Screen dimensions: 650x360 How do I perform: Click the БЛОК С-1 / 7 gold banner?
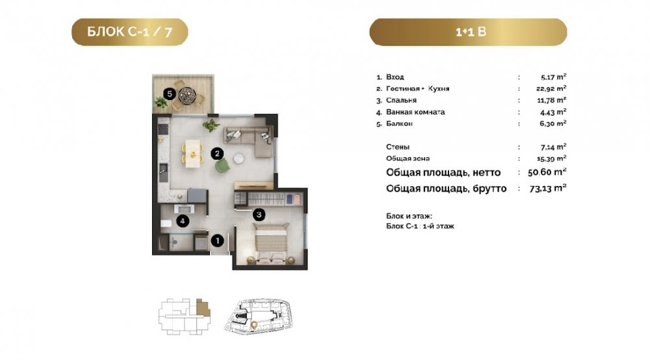click(130, 32)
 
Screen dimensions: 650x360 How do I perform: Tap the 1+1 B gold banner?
click(468, 32)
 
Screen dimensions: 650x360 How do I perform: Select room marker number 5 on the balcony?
click(169, 94)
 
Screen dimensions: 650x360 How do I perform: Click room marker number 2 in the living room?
click(217, 154)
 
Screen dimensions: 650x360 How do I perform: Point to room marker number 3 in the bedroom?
click(259, 214)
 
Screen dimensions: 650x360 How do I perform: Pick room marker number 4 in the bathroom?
click(183, 221)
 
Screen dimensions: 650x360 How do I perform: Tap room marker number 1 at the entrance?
click(218, 240)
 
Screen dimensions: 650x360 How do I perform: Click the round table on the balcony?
click(187, 95)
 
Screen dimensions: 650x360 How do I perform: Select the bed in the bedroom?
click(270, 242)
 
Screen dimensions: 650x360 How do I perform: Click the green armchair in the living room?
click(222, 166)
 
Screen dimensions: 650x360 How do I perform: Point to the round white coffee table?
click(239, 159)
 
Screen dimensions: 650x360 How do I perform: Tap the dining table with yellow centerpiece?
click(193, 153)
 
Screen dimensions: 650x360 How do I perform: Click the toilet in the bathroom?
click(166, 224)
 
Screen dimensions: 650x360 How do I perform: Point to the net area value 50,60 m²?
click(547, 172)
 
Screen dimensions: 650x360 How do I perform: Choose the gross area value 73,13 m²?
click(548, 188)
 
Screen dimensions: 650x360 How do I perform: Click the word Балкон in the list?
click(399, 123)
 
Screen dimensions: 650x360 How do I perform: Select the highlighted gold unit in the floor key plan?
click(203, 308)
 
